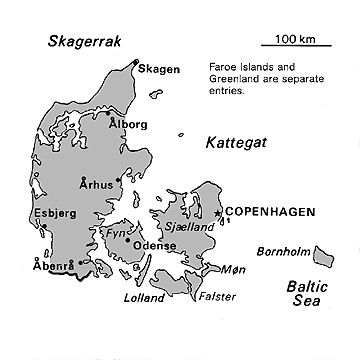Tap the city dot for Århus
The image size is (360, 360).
(119, 181)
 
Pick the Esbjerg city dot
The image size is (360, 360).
(46, 226)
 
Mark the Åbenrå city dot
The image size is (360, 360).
(81, 263)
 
